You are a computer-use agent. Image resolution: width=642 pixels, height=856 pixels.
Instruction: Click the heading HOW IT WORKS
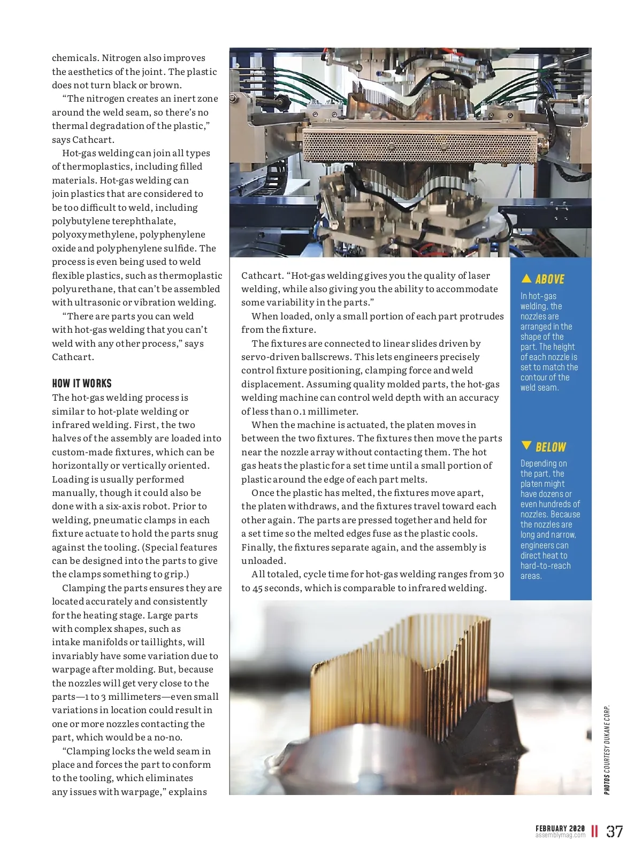[x=82, y=384]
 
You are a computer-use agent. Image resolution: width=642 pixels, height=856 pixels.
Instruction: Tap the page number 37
[x=615, y=831]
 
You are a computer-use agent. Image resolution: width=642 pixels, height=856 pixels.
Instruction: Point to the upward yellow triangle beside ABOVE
[x=526, y=278]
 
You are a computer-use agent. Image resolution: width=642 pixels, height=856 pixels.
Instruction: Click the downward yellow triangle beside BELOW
[x=526, y=446]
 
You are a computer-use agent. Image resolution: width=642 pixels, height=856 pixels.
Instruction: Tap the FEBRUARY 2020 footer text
[x=560, y=828]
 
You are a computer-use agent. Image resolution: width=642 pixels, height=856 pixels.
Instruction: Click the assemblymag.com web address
[x=560, y=835]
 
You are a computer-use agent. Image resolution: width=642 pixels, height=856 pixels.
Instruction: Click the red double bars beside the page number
[x=594, y=831]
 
